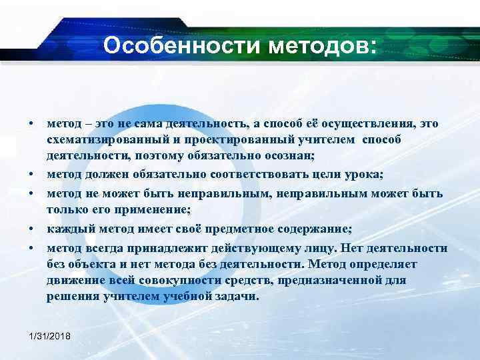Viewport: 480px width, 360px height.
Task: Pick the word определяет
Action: pos(411,263)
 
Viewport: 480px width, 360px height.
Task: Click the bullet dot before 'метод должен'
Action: pos(31,175)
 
